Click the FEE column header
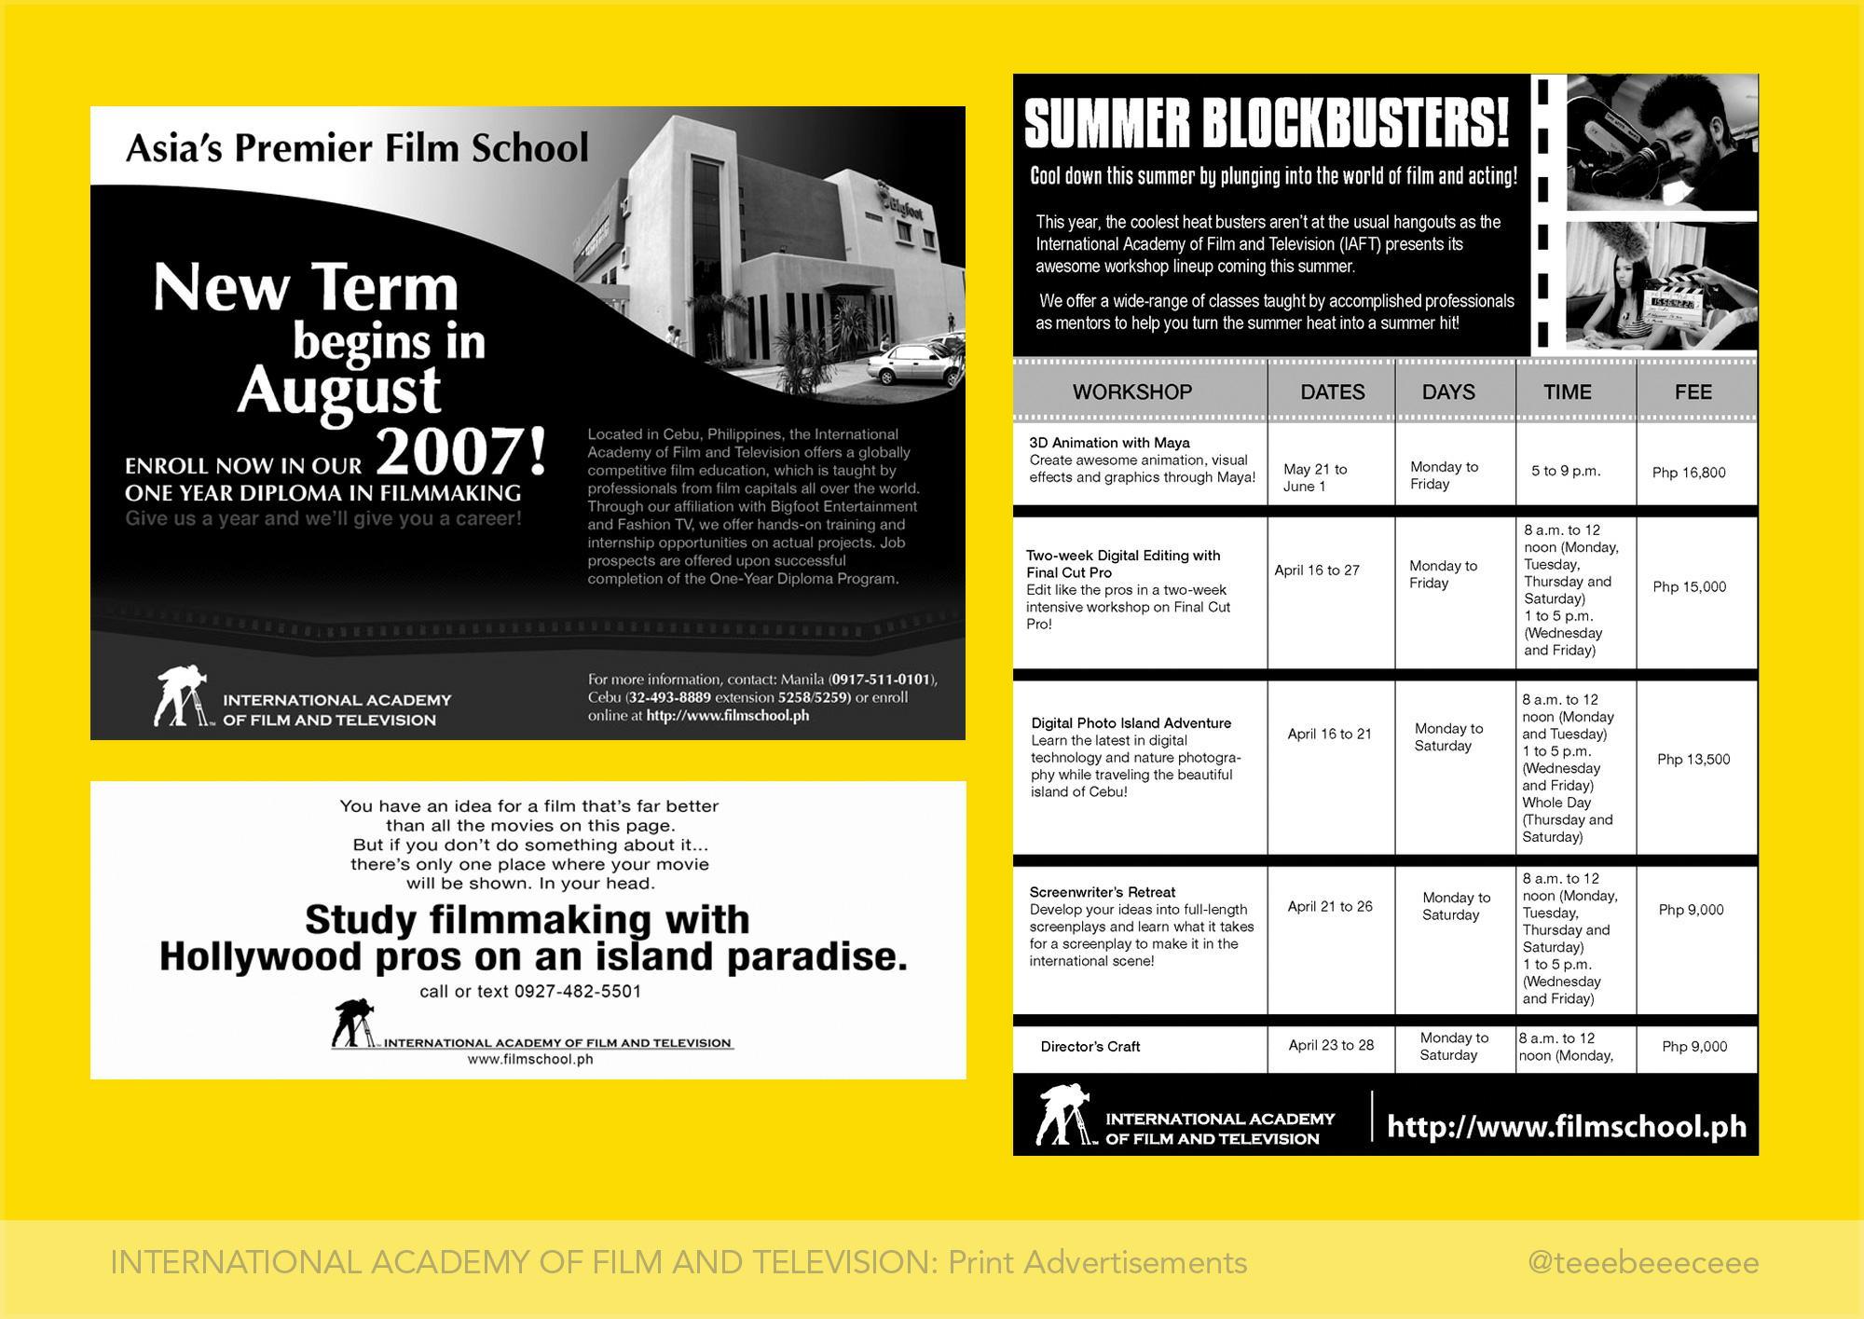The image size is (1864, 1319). (1693, 392)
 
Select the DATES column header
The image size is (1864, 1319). (1332, 392)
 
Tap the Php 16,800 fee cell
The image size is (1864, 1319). (1689, 473)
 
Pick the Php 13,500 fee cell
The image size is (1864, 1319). (1693, 760)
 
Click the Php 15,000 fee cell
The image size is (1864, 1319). (1689, 587)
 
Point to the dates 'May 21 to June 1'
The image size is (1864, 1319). (1314, 477)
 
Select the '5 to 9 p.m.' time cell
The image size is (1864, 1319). (1566, 472)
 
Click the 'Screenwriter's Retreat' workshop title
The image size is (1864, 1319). (1102, 892)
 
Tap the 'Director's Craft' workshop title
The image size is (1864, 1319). (1090, 1047)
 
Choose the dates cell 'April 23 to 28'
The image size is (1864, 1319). (1331, 1045)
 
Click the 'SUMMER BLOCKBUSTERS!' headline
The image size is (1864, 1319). (1266, 124)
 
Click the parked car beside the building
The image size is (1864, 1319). (915, 364)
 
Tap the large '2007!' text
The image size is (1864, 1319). (462, 453)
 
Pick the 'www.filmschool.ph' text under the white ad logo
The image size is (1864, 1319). (530, 1060)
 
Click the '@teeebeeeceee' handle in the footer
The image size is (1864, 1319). (1643, 1263)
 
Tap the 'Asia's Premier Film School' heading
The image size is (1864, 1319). (357, 148)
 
